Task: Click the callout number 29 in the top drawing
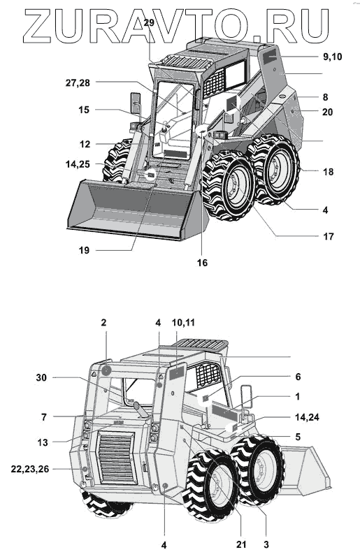click(x=149, y=23)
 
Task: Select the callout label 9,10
click(x=332, y=57)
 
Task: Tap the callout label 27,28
click(x=78, y=83)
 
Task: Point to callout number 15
click(x=84, y=110)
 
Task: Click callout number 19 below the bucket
click(x=84, y=250)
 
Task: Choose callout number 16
click(x=202, y=263)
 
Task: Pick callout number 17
click(x=329, y=236)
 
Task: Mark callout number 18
click(x=329, y=171)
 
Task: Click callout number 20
click(x=328, y=112)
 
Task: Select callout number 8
click(x=325, y=97)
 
